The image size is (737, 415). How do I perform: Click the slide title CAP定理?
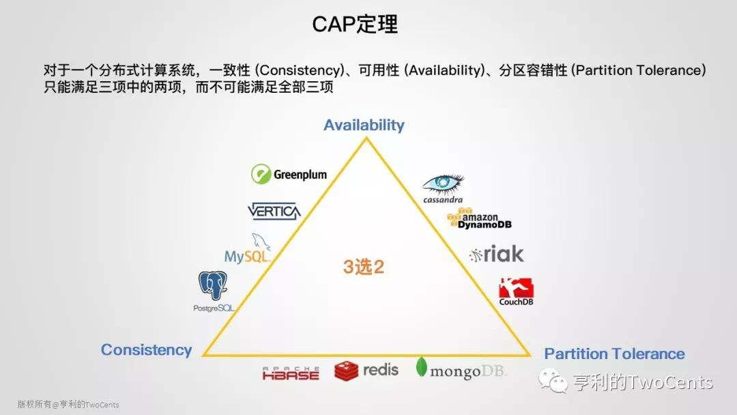click(355, 25)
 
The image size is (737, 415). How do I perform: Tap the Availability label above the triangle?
click(364, 125)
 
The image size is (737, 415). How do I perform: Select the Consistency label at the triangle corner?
click(146, 350)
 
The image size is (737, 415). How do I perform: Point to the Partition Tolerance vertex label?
click(614, 354)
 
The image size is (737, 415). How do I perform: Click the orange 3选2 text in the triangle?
click(364, 267)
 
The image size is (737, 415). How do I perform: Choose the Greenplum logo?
click(289, 174)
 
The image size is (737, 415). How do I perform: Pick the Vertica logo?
click(274, 211)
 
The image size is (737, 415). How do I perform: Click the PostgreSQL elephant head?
click(212, 285)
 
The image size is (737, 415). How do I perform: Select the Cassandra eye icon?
click(443, 184)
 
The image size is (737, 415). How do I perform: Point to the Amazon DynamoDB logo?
click(480, 218)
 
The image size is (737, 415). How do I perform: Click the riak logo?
click(496, 255)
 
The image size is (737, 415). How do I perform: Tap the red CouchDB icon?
click(516, 287)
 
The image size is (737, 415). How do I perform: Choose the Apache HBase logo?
click(291, 373)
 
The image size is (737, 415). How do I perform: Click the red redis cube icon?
click(347, 371)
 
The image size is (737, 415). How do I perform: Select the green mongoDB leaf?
click(422, 367)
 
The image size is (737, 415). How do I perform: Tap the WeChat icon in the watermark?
click(553, 381)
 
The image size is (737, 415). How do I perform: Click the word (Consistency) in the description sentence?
click(300, 70)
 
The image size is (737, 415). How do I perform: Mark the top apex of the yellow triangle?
click(366, 137)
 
